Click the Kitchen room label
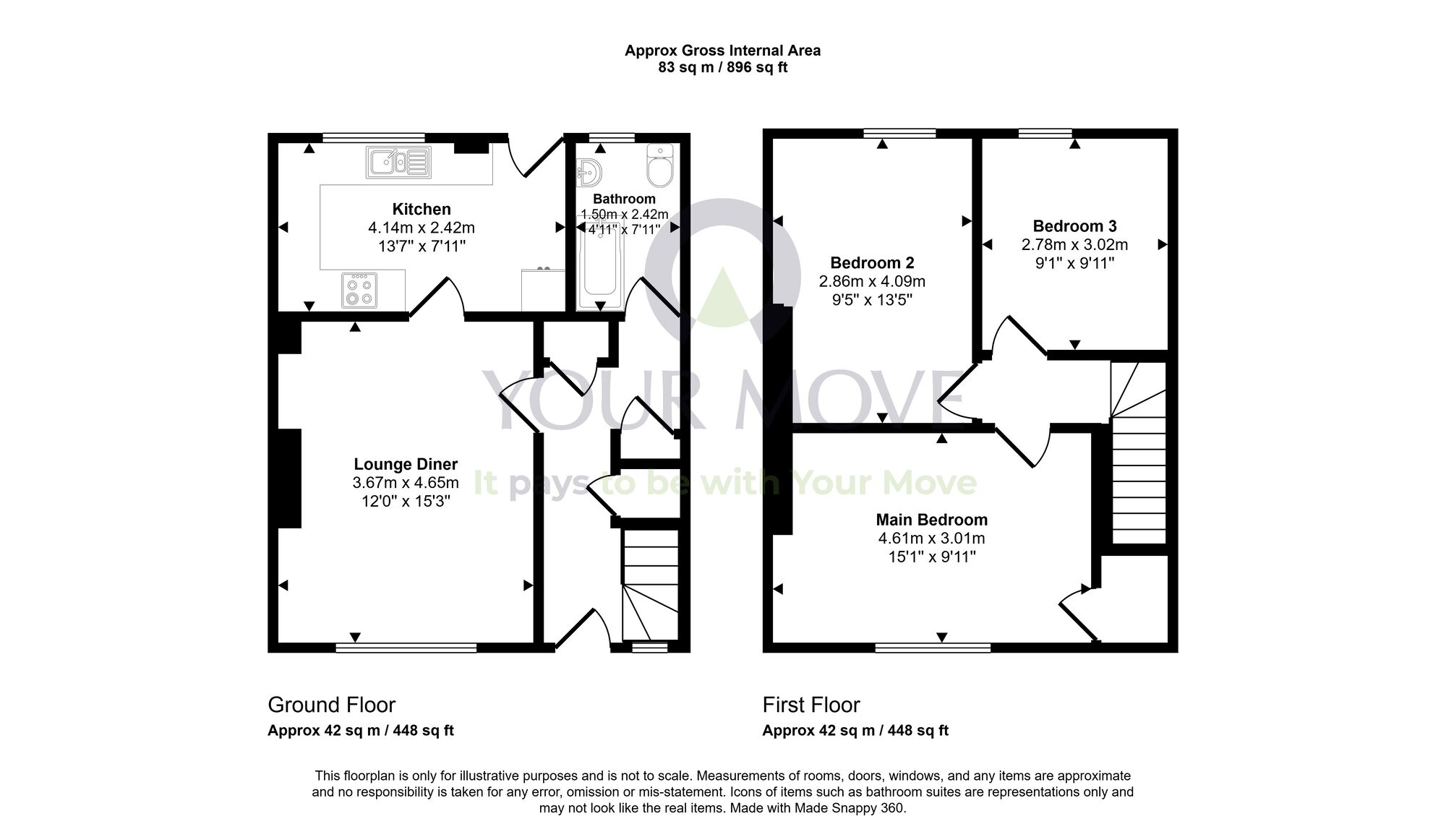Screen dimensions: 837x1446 click(x=422, y=209)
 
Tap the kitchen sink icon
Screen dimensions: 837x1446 click(x=398, y=162)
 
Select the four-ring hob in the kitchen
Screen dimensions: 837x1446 click(x=359, y=289)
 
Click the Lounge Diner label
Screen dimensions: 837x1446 click(x=406, y=464)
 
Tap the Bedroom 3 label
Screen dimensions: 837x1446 click(x=1074, y=226)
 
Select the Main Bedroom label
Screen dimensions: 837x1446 click(x=931, y=519)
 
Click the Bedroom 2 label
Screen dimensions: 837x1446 click(x=871, y=262)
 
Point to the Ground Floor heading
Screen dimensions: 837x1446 click(x=331, y=705)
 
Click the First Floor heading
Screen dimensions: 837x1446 click(x=811, y=705)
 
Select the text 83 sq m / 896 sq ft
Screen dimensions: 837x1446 click(x=722, y=68)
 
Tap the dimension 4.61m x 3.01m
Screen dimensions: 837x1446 click(x=931, y=538)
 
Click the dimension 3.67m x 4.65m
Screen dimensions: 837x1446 click(x=406, y=483)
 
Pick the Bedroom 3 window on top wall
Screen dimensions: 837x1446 click(x=1045, y=133)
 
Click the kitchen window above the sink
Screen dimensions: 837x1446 click(x=373, y=137)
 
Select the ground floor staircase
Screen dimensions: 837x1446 click(x=650, y=585)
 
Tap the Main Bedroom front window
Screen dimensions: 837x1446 click(x=933, y=648)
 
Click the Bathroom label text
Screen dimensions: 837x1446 click(x=624, y=199)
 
